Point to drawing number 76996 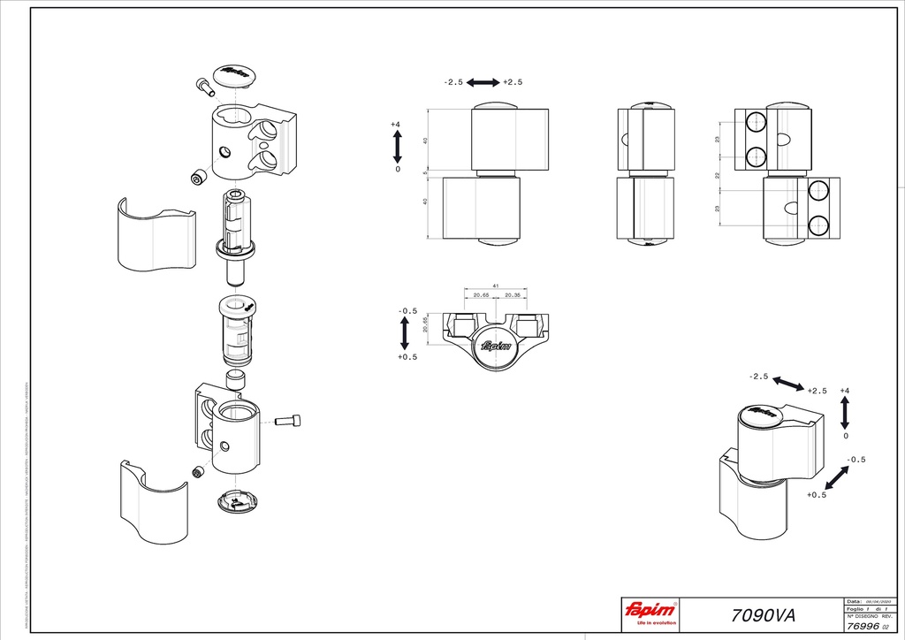click(x=862, y=624)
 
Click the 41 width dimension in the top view click(x=495, y=286)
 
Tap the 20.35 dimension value click(x=513, y=295)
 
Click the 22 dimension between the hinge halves click(x=718, y=175)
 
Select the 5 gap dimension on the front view click(x=424, y=172)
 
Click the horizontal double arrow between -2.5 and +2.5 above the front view click(x=483, y=82)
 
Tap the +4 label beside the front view click(x=396, y=125)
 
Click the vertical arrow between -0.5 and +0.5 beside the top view click(x=405, y=332)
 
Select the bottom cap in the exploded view click(x=236, y=501)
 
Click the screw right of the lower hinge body click(x=290, y=421)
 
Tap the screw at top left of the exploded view click(x=205, y=87)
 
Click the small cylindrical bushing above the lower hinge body click(x=235, y=381)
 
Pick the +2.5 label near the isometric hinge click(x=817, y=391)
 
